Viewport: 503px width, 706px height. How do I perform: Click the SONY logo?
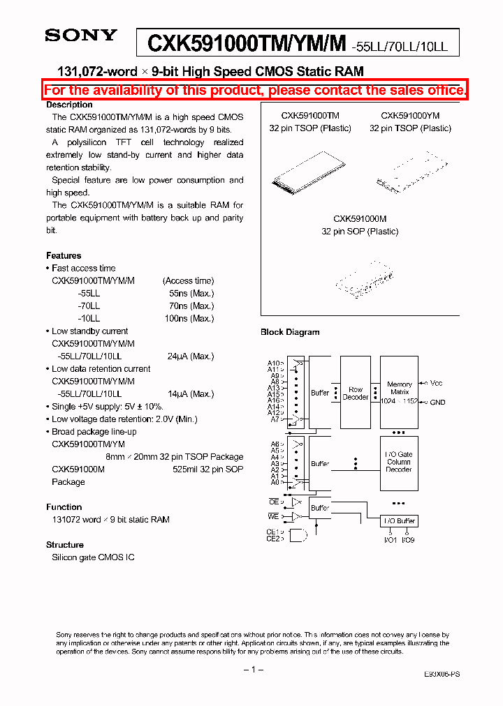tap(80, 36)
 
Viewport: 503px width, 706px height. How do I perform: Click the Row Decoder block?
tap(356, 393)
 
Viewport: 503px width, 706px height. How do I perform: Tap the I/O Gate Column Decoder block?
tap(399, 462)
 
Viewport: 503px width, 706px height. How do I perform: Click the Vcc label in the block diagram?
tap(437, 384)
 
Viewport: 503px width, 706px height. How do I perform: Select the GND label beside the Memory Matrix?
tap(437, 403)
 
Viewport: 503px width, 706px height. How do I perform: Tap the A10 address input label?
tap(274, 363)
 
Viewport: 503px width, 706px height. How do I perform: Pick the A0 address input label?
tap(275, 482)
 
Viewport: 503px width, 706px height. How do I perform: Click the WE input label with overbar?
tap(274, 516)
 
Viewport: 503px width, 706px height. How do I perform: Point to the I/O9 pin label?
tap(408, 540)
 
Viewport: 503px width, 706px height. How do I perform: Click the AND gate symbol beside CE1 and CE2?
tap(297, 535)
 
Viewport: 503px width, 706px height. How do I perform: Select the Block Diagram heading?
tap(290, 332)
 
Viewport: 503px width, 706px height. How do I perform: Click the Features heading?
tap(64, 256)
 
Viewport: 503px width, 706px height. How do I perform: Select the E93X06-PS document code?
tap(442, 675)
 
